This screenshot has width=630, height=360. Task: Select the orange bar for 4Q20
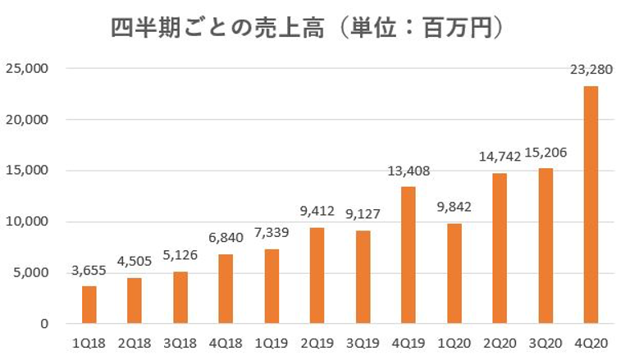click(590, 205)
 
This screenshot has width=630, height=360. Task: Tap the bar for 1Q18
click(89, 305)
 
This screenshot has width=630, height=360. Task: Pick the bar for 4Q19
click(408, 255)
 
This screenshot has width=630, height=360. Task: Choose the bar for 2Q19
click(317, 276)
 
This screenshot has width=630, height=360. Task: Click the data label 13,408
click(408, 171)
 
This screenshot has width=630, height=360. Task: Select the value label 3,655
click(89, 271)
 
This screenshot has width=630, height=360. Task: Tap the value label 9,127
click(362, 216)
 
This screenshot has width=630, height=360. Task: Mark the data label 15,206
click(545, 153)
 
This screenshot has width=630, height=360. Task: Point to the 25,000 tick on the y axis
click(29, 69)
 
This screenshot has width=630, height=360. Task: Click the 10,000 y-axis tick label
click(29, 222)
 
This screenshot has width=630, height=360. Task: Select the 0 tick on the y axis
click(45, 325)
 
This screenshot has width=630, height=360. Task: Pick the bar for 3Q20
click(545, 246)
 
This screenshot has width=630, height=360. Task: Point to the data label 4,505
click(135, 262)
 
